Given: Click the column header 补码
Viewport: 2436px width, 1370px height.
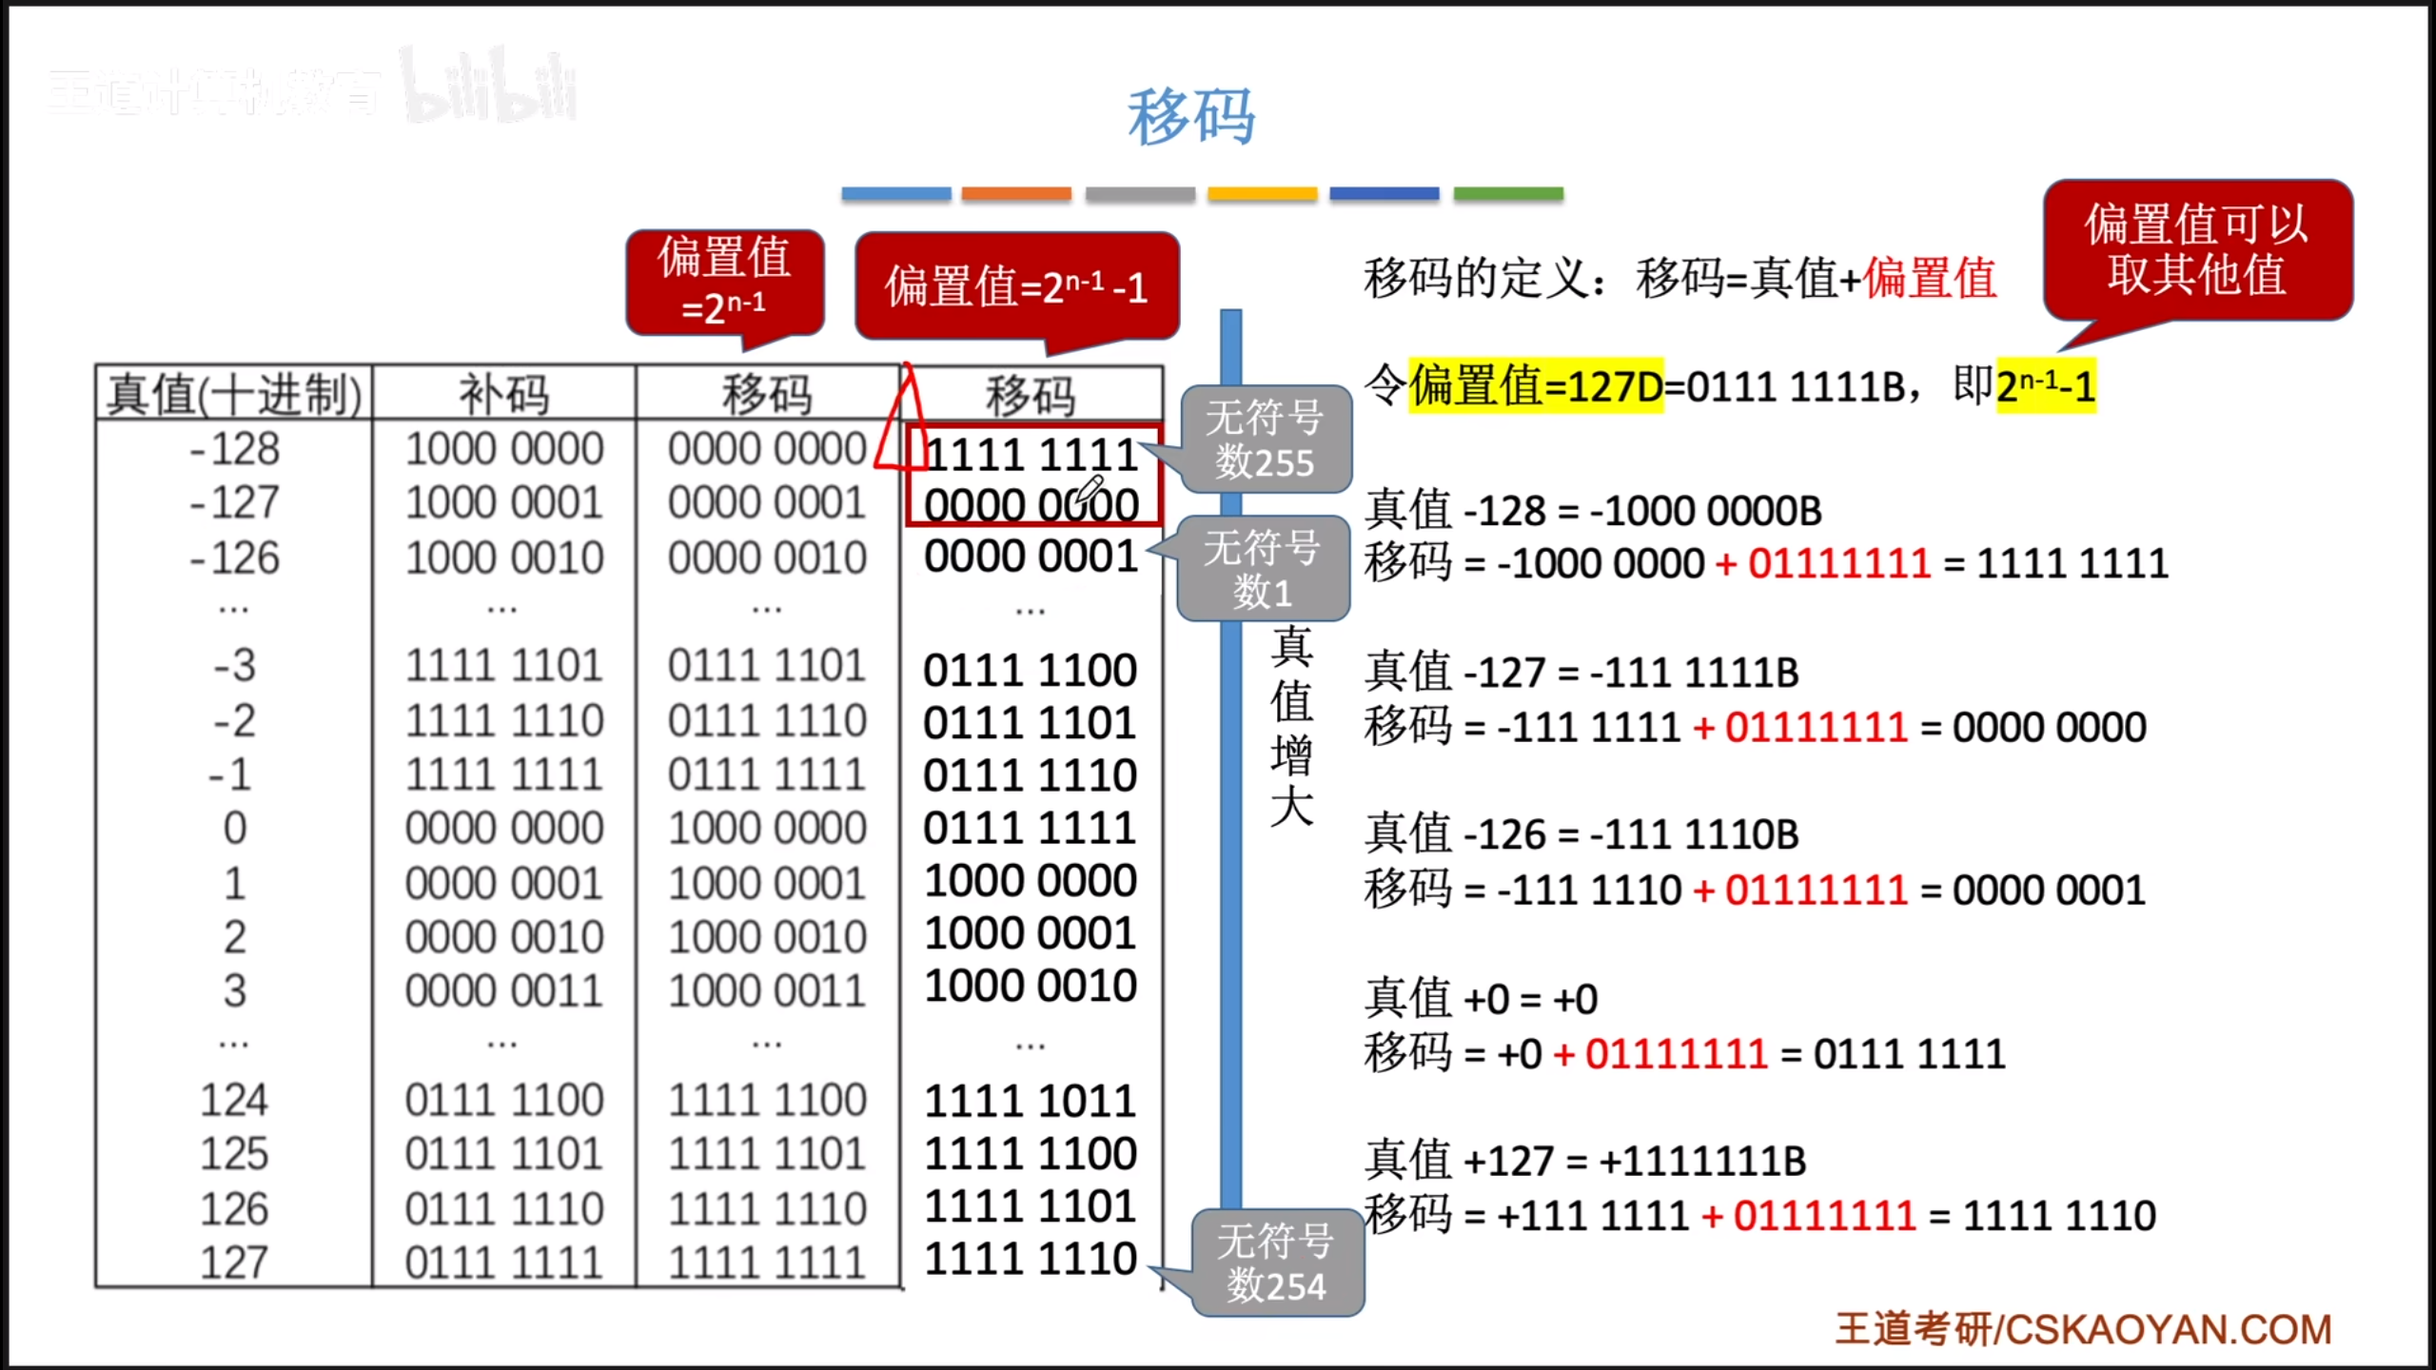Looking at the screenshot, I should tap(503, 394).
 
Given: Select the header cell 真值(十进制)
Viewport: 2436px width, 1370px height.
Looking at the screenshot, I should tap(234, 394).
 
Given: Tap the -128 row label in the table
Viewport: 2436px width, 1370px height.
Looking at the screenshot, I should tap(234, 449).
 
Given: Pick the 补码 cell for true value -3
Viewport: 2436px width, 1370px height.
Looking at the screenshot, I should tap(503, 666).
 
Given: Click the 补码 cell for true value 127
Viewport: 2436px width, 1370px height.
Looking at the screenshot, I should tap(503, 1263).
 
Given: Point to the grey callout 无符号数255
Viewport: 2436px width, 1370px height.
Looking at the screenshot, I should tap(1265, 440).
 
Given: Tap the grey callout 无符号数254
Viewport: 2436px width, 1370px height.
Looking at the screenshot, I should tap(1276, 1263).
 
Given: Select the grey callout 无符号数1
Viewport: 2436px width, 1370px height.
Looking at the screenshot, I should tap(1263, 569).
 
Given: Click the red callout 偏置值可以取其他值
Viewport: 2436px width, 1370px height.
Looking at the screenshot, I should tap(2197, 249).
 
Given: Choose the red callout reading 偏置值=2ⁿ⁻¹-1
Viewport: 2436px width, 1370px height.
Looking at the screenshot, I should tap(1016, 285).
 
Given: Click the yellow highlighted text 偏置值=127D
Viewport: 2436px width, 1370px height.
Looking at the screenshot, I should tap(1536, 386).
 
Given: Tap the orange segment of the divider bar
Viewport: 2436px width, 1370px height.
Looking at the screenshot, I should tap(1016, 194).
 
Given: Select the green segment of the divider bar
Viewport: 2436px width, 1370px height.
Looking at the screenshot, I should tap(1508, 194).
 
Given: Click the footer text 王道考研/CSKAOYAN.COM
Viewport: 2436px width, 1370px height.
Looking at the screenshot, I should tap(2083, 1329).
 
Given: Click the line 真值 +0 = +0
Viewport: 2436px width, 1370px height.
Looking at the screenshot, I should tap(1481, 1000).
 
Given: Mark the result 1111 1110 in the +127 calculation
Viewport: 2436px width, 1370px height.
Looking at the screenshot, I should tap(2059, 1216).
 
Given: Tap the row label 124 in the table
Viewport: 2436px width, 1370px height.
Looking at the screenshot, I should tap(234, 1101).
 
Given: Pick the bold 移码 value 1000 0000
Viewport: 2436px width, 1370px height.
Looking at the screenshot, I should tap(1031, 881).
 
